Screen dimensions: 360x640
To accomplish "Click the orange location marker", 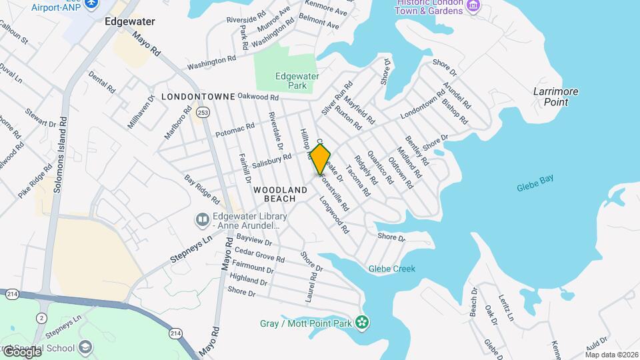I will [321, 159].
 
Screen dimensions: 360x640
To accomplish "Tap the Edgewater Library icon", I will [201, 219].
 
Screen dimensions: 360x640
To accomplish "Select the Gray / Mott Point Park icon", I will [362, 323].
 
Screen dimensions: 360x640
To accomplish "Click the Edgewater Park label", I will [297, 81].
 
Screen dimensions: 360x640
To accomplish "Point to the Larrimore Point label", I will [555, 97].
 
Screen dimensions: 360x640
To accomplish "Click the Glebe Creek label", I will [392, 269].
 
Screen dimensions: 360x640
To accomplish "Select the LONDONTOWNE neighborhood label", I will [197, 97].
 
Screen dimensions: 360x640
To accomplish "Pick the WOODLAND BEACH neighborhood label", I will [280, 194].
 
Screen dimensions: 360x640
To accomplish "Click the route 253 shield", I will [203, 113].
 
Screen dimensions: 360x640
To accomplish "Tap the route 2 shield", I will [41, 317].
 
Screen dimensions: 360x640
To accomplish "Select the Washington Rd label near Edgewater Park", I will [211, 63].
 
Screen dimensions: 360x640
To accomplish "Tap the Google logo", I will [21, 351].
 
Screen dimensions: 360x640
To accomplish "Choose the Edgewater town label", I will [129, 21].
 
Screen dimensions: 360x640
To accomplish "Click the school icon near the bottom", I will [85, 347].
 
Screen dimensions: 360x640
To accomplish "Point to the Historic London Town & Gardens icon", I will [474, 6].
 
